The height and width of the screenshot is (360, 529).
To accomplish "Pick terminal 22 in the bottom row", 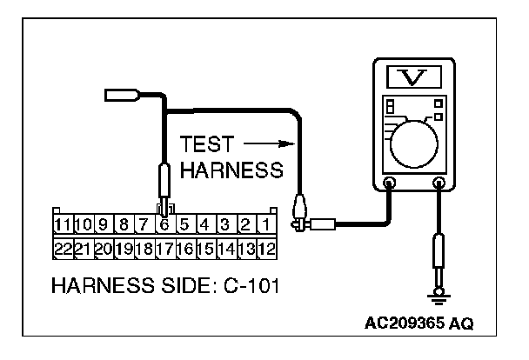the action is coord(62,249).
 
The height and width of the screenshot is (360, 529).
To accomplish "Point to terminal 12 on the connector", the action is coord(267,249).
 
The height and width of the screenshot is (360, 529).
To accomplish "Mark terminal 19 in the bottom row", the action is coord(124,249).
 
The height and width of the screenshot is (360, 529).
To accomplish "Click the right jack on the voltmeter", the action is coord(439,183).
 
